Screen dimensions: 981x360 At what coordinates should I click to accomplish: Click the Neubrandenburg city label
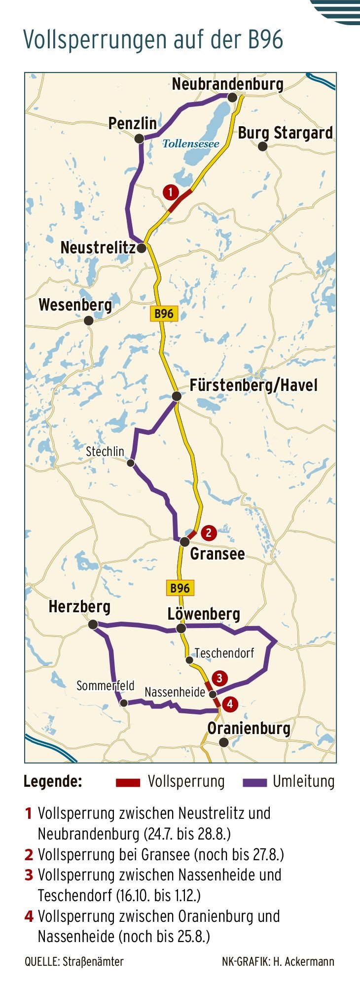click(x=227, y=84)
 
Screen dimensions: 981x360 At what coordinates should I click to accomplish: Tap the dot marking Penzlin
click(x=140, y=139)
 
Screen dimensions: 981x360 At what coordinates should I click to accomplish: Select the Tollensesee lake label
click(x=191, y=143)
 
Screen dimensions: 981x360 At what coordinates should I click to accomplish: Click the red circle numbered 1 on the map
click(x=170, y=192)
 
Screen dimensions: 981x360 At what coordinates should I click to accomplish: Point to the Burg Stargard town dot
click(x=263, y=146)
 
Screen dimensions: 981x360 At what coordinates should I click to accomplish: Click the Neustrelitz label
click(x=98, y=247)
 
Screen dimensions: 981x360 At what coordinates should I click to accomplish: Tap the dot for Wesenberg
click(x=89, y=320)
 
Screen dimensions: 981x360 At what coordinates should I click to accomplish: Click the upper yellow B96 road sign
click(x=164, y=314)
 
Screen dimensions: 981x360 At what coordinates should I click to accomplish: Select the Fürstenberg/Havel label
click(x=253, y=385)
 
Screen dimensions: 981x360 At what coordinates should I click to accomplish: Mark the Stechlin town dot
click(x=131, y=463)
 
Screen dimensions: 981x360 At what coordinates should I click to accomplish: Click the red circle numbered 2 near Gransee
click(x=209, y=532)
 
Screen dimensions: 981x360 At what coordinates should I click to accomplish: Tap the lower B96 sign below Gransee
click(x=180, y=588)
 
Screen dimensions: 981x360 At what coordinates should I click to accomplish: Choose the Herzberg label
click(x=79, y=607)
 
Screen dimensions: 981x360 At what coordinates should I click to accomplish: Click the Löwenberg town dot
click(x=181, y=629)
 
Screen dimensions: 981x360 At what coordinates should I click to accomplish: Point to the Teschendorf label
click(x=224, y=653)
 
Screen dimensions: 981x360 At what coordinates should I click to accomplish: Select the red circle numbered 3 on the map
click(x=219, y=678)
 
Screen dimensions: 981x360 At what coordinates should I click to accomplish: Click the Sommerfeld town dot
click(x=124, y=703)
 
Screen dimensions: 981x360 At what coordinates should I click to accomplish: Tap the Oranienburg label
click(x=249, y=728)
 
